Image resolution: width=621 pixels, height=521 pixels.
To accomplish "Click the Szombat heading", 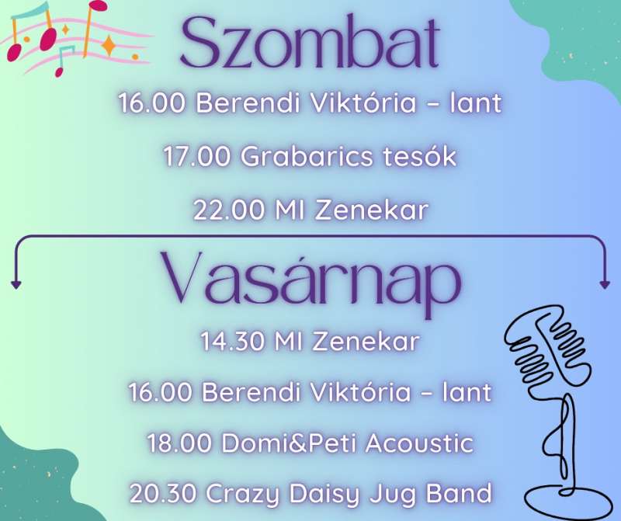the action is click(x=310, y=43).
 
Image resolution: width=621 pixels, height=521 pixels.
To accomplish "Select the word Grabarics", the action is click(x=307, y=157).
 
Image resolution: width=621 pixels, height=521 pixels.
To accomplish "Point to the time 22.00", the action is click(x=228, y=210).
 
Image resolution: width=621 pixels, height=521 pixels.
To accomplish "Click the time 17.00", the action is click(x=196, y=157).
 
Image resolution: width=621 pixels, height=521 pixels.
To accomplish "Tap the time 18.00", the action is click(x=179, y=443).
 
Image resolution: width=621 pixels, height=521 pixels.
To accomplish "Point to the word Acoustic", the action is click(x=419, y=443).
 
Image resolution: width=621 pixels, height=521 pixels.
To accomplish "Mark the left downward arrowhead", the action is click(x=16, y=284).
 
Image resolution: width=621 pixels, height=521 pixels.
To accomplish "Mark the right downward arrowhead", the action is click(x=605, y=284).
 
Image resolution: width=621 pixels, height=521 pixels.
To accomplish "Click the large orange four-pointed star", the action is click(x=109, y=45).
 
